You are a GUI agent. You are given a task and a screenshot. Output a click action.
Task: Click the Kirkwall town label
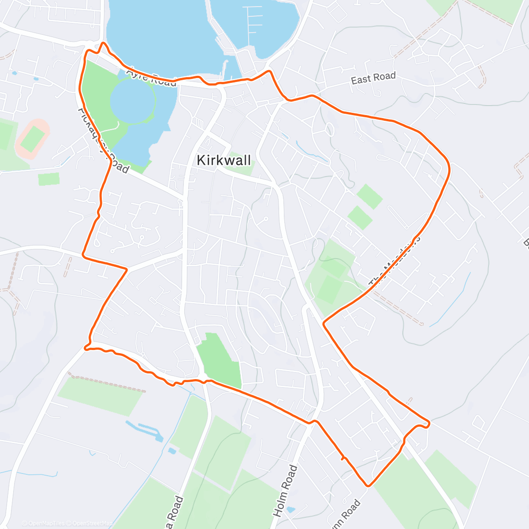click(224, 160)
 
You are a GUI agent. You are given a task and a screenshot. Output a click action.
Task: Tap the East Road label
click(373, 78)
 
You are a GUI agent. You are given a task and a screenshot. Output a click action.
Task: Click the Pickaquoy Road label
click(104, 140)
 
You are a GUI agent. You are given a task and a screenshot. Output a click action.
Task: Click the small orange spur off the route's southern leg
click(343, 459)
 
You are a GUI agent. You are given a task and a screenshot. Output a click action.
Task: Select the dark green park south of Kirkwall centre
click(219, 360)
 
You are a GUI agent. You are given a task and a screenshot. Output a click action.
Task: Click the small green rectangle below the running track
click(48, 179)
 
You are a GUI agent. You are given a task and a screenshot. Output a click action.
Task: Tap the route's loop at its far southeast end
click(419, 426)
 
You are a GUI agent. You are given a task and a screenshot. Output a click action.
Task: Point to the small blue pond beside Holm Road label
click(291, 510)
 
